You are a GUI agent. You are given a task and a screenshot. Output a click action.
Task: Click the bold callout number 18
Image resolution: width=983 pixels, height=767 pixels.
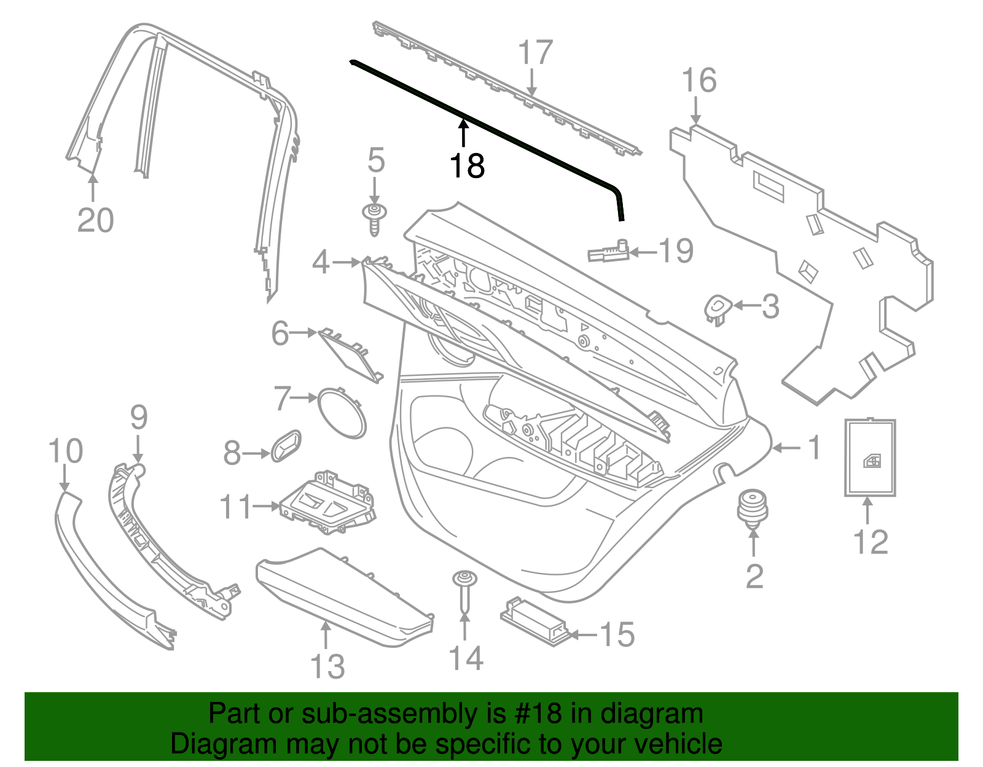467,166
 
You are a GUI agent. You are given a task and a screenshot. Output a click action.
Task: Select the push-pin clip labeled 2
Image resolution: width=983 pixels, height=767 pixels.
752,507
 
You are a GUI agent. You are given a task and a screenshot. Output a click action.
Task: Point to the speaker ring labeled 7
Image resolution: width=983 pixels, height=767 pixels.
340,413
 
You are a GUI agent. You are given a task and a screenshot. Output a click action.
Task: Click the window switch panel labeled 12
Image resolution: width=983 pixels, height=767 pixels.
870,457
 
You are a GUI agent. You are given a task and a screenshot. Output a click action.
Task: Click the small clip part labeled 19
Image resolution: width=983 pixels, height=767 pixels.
607,252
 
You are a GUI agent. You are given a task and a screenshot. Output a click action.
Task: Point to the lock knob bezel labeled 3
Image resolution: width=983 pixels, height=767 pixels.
717,308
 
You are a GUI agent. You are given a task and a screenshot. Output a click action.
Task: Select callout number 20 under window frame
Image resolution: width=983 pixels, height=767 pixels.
95,220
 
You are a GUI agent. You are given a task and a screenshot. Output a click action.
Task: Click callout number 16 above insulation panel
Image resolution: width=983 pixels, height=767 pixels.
699,81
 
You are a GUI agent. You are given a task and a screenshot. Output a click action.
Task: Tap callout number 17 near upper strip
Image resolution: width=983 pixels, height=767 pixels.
535,53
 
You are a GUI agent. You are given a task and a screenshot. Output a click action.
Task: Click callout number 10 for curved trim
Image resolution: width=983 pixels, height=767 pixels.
65,452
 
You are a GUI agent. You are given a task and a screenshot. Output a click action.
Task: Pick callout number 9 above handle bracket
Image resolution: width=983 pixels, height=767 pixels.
139,418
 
